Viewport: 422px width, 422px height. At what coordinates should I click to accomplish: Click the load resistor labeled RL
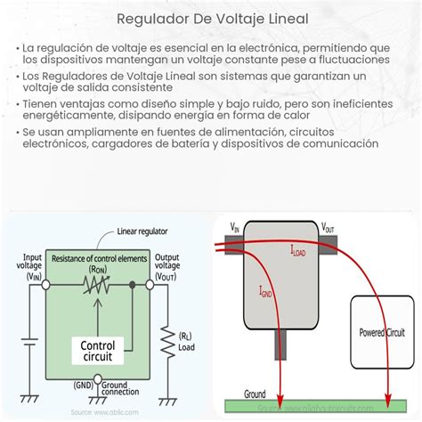[165, 340]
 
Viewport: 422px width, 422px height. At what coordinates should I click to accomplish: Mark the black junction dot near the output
[133, 286]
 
